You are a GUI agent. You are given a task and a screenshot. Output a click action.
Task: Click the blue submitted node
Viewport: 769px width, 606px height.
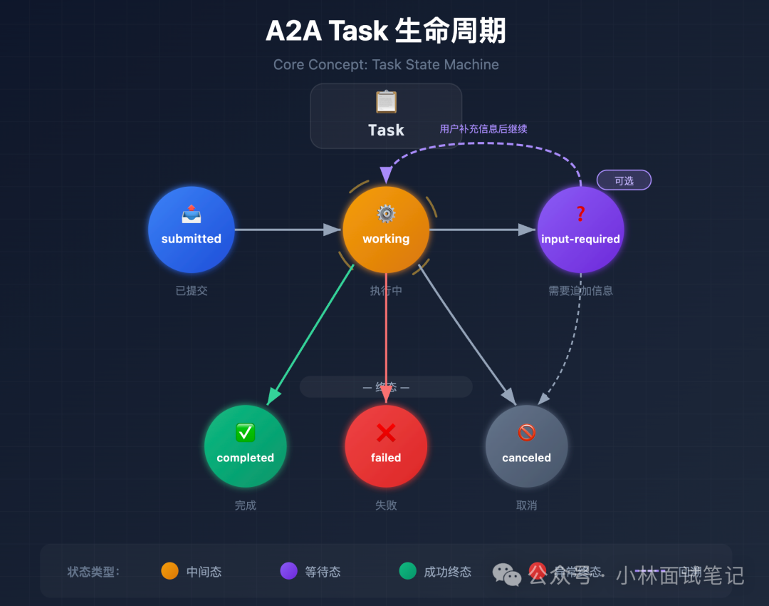191,230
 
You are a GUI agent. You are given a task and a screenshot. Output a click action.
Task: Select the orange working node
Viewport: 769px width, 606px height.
386,230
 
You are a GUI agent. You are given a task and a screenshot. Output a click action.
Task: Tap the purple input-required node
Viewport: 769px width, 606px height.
580,230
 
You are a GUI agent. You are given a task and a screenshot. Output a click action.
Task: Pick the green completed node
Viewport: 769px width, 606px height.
245,446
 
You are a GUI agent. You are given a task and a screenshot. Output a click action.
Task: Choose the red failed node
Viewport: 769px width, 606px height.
386,446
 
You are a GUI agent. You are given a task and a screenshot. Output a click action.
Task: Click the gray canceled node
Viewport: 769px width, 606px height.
526,446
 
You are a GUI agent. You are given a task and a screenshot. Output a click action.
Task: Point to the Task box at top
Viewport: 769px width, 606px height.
386,115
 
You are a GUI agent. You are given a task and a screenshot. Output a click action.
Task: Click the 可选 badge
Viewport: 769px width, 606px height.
624,180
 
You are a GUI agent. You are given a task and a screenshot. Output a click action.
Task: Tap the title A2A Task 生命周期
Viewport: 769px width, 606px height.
386,31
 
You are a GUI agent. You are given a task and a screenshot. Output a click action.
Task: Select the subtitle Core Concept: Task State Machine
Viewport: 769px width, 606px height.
386,65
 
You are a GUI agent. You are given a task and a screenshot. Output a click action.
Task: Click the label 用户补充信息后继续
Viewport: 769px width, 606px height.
483,129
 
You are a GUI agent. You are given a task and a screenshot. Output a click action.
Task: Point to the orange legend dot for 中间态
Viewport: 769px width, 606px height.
169,571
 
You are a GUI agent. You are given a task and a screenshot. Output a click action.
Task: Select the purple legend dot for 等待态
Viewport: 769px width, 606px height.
288,571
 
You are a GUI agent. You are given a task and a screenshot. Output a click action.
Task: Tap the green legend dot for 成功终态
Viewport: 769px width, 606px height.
407,571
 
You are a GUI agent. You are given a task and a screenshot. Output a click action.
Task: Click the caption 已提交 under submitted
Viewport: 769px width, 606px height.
191,291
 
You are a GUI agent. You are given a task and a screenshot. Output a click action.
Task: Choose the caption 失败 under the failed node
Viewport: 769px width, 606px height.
386,505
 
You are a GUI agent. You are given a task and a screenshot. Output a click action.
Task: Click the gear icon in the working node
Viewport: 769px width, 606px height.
386,214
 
